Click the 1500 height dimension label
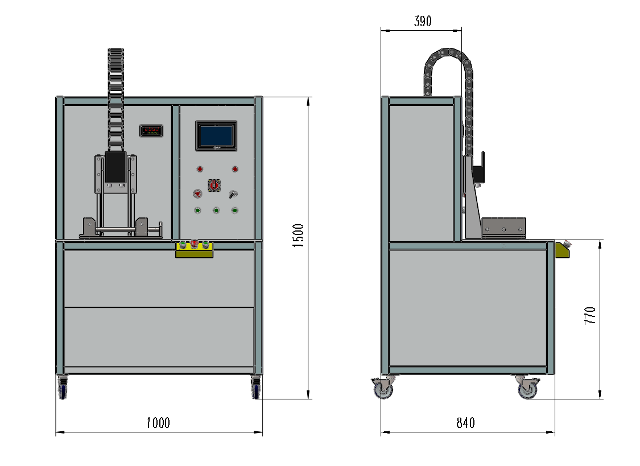pos(298,236)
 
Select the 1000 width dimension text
pos(158,423)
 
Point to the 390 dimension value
pos(423,21)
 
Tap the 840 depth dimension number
pos(466,423)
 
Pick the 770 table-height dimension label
pos(590,315)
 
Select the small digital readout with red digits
pos(151,130)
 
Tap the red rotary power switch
pos(214,185)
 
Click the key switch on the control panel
pos(233,194)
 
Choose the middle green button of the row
pos(216,211)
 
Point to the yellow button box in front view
pos(195,249)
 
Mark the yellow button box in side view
pos(563,249)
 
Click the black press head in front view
pos(115,167)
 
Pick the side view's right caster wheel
pos(528,387)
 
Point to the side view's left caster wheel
pos(383,387)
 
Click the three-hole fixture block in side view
pos(503,228)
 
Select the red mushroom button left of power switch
pos(197,193)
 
